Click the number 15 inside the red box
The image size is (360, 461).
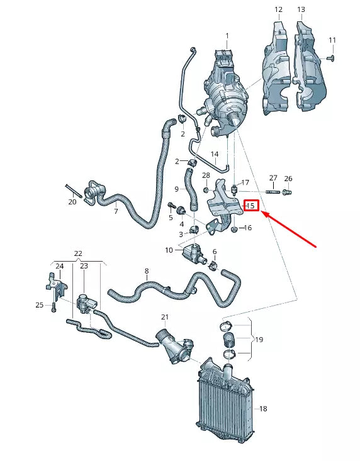tap(250, 206)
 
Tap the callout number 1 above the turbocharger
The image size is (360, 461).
tap(227, 35)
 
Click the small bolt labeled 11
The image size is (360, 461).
tap(330, 58)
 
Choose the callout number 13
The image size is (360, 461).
tap(301, 9)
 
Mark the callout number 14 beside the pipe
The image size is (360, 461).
tap(215, 154)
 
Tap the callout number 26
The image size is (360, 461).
tap(288, 179)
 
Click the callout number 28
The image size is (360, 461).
tap(206, 175)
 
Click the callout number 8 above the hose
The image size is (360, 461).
tap(147, 272)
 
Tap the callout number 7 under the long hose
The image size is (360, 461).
tap(116, 212)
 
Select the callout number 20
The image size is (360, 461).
tap(72, 202)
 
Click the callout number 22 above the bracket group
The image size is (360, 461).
tap(78, 253)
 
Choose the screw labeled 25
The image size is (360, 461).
tap(55, 308)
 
